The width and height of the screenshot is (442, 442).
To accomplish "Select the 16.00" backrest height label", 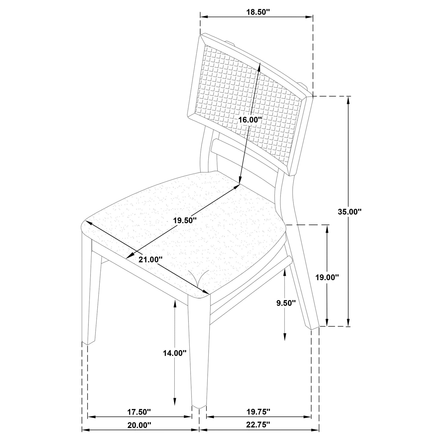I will click(x=250, y=120).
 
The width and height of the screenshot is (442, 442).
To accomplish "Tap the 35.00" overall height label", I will click(x=350, y=211).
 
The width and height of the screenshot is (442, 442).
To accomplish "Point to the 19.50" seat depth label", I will click(x=184, y=220).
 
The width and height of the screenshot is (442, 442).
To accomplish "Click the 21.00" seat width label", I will click(x=150, y=259).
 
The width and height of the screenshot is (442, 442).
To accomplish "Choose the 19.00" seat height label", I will click(x=327, y=277).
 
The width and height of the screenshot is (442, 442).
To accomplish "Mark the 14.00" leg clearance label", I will click(x=174, y=353).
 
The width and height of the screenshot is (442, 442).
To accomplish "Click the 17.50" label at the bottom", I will click(x=139, y=412).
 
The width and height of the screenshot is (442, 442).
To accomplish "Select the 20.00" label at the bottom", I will click(x=139, y=425).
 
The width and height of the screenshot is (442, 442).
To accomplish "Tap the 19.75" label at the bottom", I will click(x=258, y=412).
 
